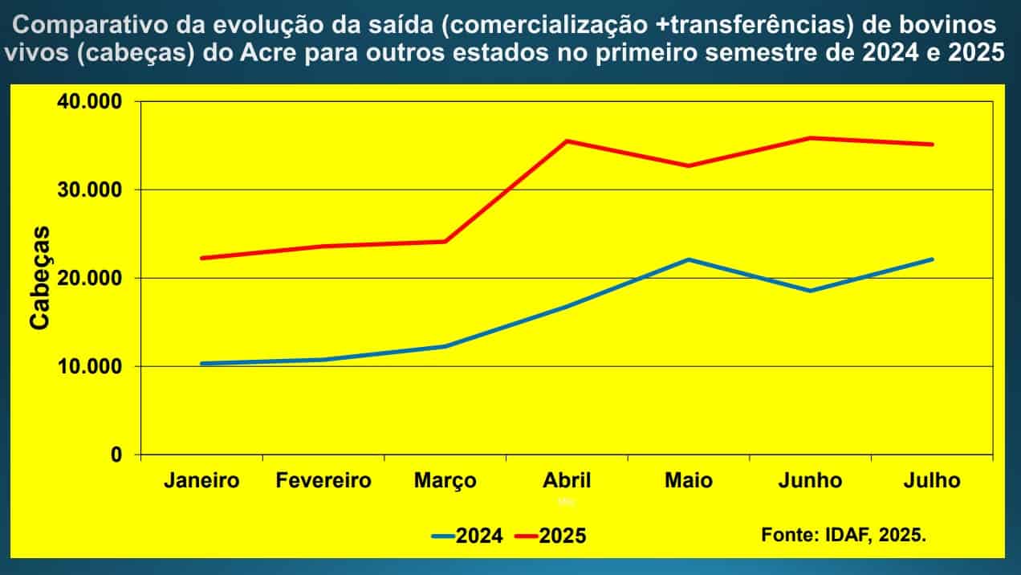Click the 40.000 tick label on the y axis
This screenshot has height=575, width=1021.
(x=88, y=102)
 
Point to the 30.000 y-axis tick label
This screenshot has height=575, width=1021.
(x=88, y=190)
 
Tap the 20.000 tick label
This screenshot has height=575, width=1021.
(x=88, y=279)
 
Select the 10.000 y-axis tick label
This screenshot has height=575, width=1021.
(x=88, y=367)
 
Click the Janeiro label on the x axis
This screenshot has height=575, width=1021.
(x=201, y=481)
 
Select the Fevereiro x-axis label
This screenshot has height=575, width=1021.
(x=323, y=481)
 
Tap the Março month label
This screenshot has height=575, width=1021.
(x=445, y=481)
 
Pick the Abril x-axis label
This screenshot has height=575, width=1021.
(x=567, y=481)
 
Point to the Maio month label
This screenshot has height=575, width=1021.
(x=688, y=481)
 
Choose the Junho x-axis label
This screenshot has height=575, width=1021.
(x=810, y=481)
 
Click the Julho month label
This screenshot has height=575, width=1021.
(x=931, y=481)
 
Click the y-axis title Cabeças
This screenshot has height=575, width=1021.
(x=40, y=278)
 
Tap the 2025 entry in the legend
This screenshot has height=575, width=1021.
(x=562, y=536)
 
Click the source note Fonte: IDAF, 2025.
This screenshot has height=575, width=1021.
(x=843, y=534)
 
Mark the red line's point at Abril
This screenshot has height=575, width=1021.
(x=567, y=141)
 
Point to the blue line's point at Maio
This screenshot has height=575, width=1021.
(x=688, y=259)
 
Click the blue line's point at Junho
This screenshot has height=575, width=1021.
(x=810, y=291)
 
